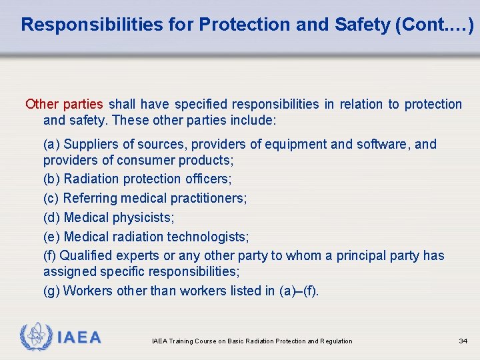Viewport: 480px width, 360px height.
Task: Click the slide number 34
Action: [x=463, y=341]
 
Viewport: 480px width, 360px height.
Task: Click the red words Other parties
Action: [x=64, y=104]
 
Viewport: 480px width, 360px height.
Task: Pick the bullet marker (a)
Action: [x=51, y=144]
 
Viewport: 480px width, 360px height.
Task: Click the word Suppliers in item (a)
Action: [x=89, y=144]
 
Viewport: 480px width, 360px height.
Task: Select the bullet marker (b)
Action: [x=51, y=179]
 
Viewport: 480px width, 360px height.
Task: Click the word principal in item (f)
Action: [x=360, y=255]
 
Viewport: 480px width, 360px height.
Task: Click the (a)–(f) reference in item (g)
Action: [x=299, y=291]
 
